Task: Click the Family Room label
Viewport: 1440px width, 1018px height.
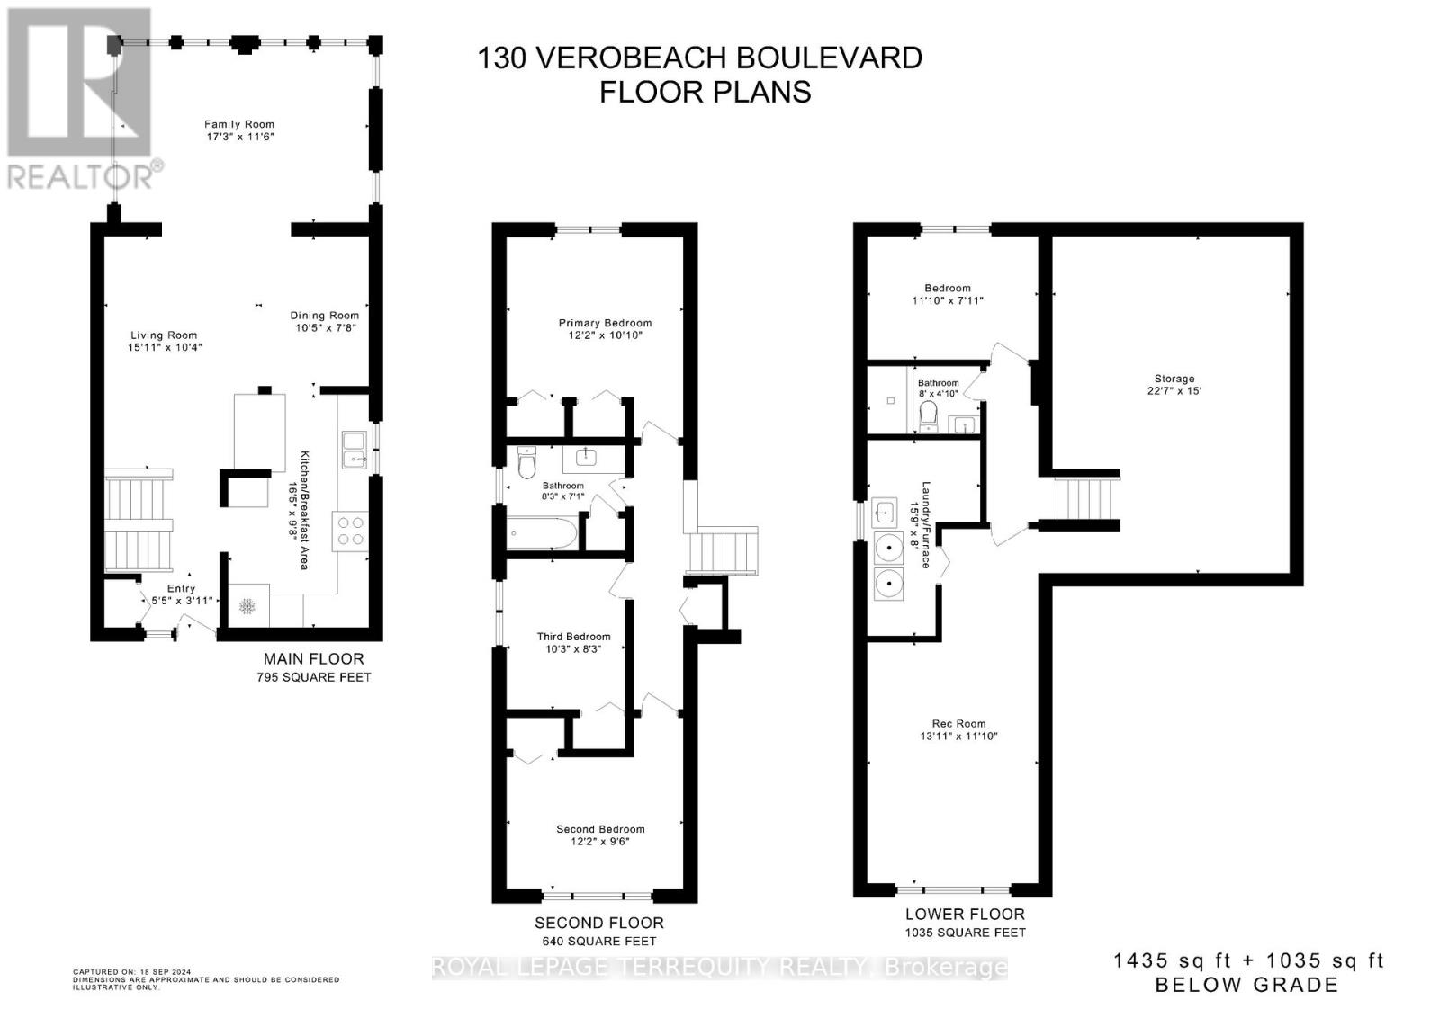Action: coord(239,124)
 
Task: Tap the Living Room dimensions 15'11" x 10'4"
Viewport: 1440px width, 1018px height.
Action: coord(166,347)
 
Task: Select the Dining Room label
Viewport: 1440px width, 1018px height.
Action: coord(325,315)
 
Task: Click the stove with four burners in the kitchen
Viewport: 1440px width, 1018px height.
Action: coord(351,531)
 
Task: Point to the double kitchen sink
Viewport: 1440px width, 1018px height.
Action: coord(354,450)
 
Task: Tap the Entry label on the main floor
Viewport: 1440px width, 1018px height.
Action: coord(181,588)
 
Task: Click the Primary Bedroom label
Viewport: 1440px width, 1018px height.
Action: coord(605,323)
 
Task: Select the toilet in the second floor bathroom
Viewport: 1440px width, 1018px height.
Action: coord(527,463)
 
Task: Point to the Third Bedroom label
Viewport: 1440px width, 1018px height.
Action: coord(574,637)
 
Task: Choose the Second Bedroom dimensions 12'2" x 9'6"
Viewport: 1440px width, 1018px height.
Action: coord(600,842)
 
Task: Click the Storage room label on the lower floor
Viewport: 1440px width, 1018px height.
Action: coord(1174,379)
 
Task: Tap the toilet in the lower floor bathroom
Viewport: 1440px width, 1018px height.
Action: coord(928,416)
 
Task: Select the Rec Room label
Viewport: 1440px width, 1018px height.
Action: coord(959,723)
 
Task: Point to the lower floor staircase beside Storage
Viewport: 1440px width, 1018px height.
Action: coord(1084,499)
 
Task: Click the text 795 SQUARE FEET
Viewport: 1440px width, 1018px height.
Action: coord(314,677)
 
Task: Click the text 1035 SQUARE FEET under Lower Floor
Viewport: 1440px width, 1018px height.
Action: coord(966,933)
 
